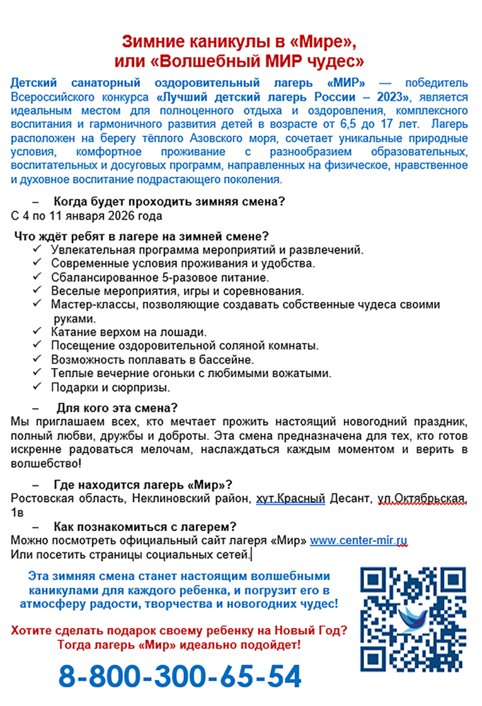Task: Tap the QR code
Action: [412, 618]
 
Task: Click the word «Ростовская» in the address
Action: [43, 498]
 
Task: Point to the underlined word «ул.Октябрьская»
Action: [427, 498]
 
